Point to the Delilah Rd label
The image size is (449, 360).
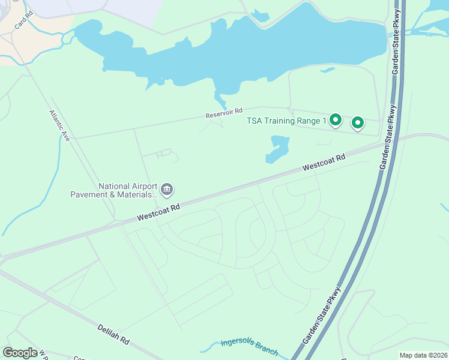(x=113, y=334)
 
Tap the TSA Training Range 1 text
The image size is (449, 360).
(x=286, y=121)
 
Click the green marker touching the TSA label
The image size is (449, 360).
(x=336, y=121)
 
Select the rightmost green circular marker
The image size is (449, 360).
(x=358, y=123)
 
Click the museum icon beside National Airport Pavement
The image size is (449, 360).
(x=167, y=190)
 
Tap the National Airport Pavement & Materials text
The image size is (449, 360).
(x=126, y=190)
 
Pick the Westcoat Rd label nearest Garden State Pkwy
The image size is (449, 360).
(x=324, y=162)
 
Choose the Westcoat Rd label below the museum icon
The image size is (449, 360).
(x=158, y=212)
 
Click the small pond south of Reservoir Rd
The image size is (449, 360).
(x=278, y=149)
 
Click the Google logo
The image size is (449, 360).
(x=20, y=352)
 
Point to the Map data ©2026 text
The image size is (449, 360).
(x=423, y=355)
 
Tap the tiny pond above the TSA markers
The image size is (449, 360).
(x=328, y=70)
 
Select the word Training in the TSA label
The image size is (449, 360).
(x=286, y=121)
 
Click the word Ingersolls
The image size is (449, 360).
(x=240, y=343)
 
